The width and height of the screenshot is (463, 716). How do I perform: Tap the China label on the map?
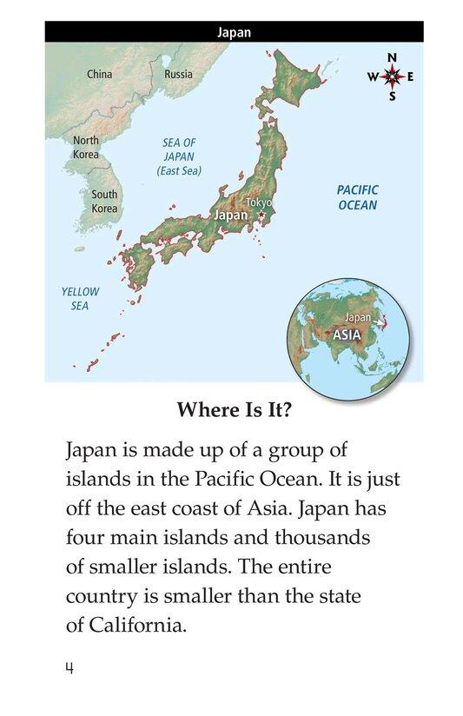click(99, 74)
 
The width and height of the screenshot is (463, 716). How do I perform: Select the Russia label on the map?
click(178, 74)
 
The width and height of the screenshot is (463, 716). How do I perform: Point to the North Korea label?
click(85, 147)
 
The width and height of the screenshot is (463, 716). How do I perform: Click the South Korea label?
click(104, 202)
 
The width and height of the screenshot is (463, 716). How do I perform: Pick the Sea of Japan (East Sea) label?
click(179, 156)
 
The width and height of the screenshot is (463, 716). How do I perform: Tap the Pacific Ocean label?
click(357, 197)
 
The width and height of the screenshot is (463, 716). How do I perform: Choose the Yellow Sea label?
click(80, 299)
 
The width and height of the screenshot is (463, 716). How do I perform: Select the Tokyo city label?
click(259, 202)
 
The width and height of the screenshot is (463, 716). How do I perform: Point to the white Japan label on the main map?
click(230, 215)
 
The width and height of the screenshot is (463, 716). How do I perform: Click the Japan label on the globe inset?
click(358, 318)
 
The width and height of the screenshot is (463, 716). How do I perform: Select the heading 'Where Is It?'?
click(234, 409)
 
